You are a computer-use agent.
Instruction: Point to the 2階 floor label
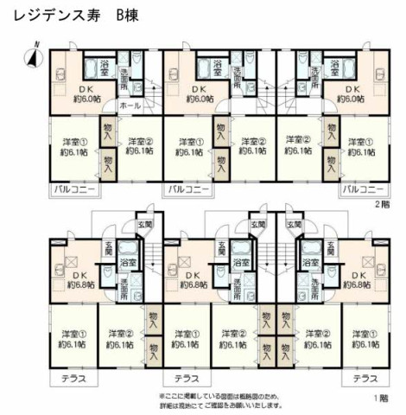[x=381, y=205]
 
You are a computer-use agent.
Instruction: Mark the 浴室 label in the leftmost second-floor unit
[x=105, y=64]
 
